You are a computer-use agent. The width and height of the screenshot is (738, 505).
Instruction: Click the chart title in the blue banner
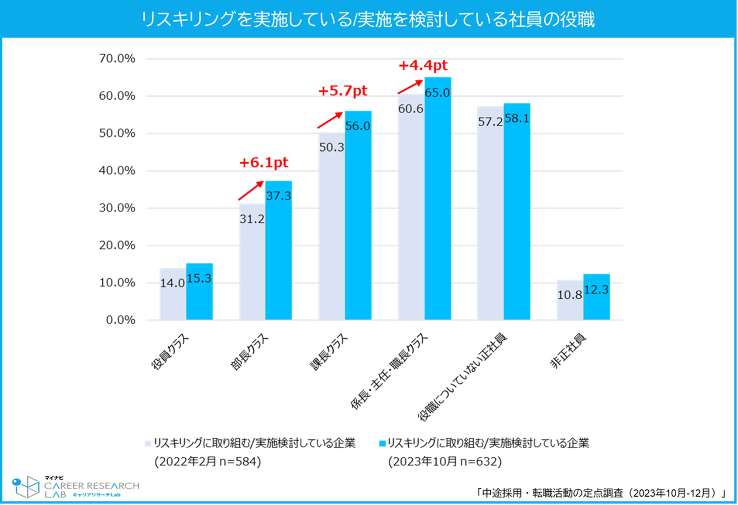pos(368,19)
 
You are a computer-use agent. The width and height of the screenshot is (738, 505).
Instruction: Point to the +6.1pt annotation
pos(264,163)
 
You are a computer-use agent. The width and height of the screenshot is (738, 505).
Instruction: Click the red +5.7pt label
pos(343,91)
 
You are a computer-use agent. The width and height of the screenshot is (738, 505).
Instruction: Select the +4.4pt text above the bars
pos(423,66)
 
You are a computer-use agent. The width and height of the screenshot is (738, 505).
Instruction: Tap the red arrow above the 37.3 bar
pos(251,190)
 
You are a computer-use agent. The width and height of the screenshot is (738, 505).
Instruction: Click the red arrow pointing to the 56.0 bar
pos(330,120)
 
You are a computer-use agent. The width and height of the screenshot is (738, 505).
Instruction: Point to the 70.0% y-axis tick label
pos(117,58)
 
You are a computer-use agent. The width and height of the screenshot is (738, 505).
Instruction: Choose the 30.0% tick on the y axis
pos(117,208)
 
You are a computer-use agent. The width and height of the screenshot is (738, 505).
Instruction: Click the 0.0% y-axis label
pos(120,320)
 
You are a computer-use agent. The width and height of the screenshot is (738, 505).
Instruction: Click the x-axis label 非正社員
pos(568,350)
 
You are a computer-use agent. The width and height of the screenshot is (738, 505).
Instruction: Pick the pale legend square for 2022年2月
pos(148,443)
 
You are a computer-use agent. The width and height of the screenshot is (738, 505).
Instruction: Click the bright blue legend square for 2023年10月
pos(382,443)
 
